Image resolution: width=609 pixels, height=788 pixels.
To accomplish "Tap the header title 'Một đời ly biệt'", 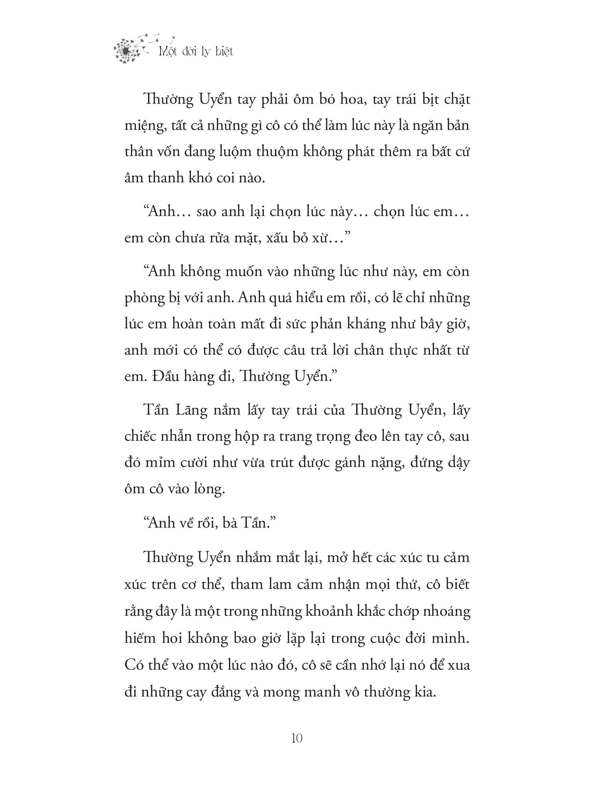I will [x=196, y=52].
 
